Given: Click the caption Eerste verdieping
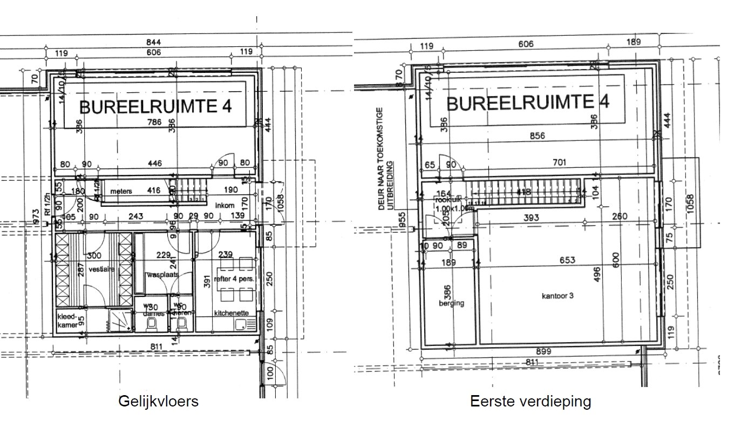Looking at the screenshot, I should tap(530, 402).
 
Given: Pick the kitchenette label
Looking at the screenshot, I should tap(231, 313).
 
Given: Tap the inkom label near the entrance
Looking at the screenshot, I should tap(224, 206).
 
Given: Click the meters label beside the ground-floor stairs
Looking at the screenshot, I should tap(121, 192).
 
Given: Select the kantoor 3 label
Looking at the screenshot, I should tap(557, 296).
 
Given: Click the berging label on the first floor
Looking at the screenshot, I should tap(451, 303).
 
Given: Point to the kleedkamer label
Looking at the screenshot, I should tap(67, 321).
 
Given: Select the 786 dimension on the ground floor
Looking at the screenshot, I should tap(154, 123).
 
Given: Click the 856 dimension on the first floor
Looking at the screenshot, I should tap(536, 136).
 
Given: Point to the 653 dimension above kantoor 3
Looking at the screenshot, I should tap(567, 260).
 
